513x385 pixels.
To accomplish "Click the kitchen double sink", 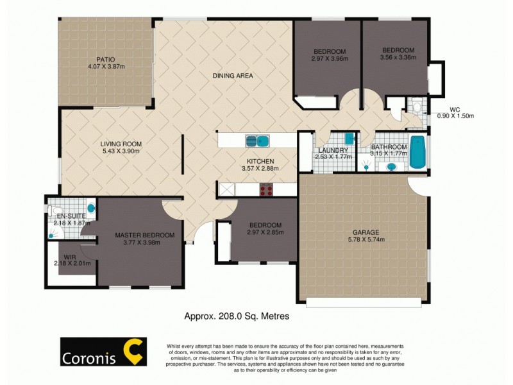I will pyautogui.click(x=257, y=141).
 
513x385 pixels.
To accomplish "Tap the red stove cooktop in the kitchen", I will pyautogui.click(x=266, y=189).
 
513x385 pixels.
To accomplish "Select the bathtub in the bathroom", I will pyautogui.click(x=417, y=153).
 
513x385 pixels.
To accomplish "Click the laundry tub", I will pyautogui.click(x=349, y=139).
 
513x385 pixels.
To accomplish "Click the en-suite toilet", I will pyautogui.click(x=55, y=210).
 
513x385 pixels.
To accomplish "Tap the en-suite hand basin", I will pyautogui.click(x=91, y=209).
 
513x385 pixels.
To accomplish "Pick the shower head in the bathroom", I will pyautogui.click(x=367, y=166).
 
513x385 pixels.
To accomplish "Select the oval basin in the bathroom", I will pyautogui.click(x=392, y=167).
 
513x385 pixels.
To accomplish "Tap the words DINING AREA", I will pyautogui.click(x=233, y=76).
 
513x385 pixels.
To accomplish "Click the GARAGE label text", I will pyautogui.click(x=366, y=232).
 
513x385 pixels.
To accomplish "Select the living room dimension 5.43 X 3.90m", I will pyautogui.click(x=121, y=151).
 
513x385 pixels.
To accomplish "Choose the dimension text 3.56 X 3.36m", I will pyautogui.click(x=399, y=58).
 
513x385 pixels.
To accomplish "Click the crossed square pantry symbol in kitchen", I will pyautogui.click(x=226, y=189).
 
